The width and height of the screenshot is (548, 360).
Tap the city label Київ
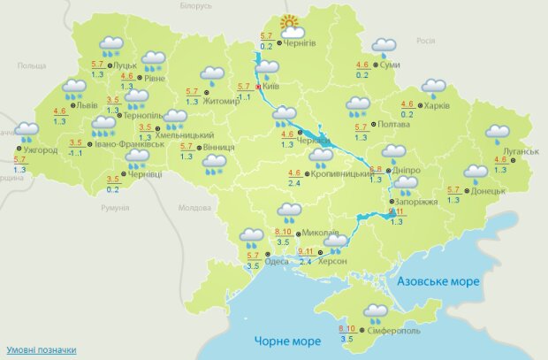tap(269, 88)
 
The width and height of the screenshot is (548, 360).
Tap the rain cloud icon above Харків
tap(433, 88)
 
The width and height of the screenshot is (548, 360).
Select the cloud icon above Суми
tap(384, 46)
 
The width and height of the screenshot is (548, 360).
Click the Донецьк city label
tap(488, 190)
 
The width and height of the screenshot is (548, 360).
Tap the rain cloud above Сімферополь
tap(377, 312)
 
